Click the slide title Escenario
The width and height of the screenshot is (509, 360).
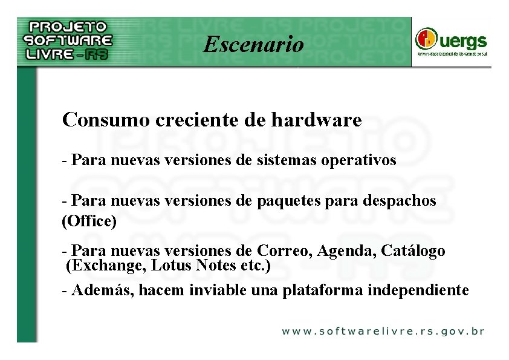pos(254,44)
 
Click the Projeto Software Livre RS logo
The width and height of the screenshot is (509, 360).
pos(68,41)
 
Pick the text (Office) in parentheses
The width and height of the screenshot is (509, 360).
pos(89,221)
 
